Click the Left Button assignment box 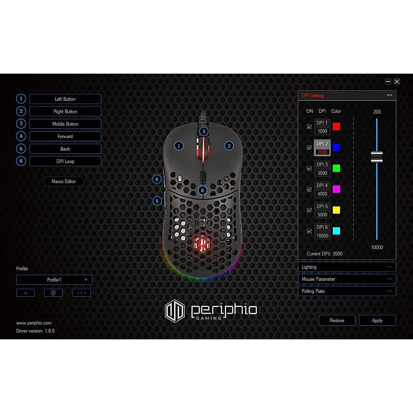(x=65, y=99)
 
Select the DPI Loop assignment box (x=65, y=161)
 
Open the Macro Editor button (x=64, y=181)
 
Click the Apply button (x=377, y=320)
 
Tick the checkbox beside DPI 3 (x=309, y=169)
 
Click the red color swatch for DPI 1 (x=337, y=126)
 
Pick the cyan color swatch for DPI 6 (x=337, y=231)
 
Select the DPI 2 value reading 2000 (x=322, y=152)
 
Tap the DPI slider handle (x=377, y=157)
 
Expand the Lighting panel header (x=347, y=267)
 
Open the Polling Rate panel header (x=347, y=291)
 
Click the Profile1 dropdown (x=54, y=280)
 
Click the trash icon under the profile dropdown (x=53, y=293)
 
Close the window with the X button (x=397, y=82)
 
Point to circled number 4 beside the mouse (x=157, y=179)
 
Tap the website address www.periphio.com (x=34, y=323)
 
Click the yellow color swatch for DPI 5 (x=337, y=210)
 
